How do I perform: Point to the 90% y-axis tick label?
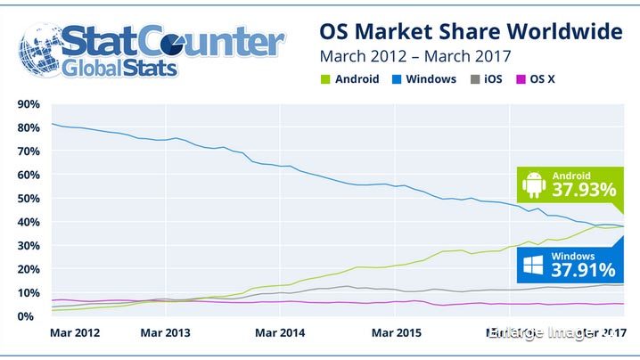point(27,104)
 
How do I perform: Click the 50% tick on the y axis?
point(27,199)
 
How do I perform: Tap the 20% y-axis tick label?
point(27,269)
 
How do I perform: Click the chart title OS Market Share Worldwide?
point(470,32)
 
